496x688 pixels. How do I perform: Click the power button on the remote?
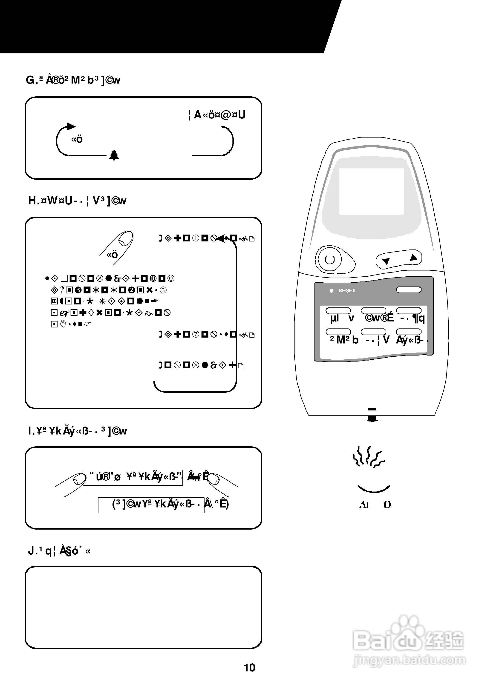coord(330,260)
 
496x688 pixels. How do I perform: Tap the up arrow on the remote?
coord(413,258)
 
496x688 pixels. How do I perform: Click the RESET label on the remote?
coord(347,291)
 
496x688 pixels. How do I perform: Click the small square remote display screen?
coord(371,191)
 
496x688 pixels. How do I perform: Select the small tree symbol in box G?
coord(114,155)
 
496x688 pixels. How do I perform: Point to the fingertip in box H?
coord(126,239)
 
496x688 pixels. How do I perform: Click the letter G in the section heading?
coord(30,80)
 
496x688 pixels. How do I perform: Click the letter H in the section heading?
coord(32,201)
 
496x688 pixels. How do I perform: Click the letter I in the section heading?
coord(30,431)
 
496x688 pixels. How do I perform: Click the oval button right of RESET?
coord(409,290)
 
